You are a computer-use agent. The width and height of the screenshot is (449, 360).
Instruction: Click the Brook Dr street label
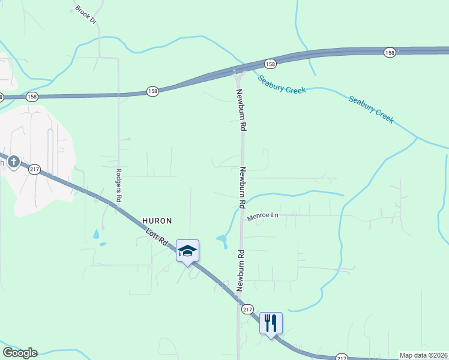coord(86,16)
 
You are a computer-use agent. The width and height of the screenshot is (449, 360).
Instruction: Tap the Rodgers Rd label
coord(119,184)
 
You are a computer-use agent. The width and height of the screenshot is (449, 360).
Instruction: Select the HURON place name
coord(157,221)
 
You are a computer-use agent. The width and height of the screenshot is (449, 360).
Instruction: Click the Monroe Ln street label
coord(263,215)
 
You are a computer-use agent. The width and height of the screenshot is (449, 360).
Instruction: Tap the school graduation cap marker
coord(187,251)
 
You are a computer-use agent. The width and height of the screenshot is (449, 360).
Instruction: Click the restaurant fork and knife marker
coord(271,323)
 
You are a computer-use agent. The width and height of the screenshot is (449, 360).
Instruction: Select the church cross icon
coord(13,162)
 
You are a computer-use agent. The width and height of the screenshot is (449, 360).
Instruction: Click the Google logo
coord(20,353)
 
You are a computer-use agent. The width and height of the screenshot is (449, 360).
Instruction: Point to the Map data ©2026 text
coord(424,355)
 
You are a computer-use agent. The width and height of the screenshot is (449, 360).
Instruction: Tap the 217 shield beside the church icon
coord(34,170)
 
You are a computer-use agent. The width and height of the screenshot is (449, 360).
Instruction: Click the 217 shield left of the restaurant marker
coord(247,310)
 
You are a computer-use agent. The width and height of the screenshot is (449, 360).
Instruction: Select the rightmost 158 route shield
coord(390,53)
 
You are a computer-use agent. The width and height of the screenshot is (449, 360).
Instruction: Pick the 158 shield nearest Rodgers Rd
coord(152,91)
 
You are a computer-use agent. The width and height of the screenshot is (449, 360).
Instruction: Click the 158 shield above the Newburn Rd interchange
coord(270,64)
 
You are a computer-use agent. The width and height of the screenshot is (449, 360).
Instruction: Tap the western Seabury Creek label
coord(282,84)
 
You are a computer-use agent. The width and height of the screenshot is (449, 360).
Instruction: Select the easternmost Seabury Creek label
coord(371,109)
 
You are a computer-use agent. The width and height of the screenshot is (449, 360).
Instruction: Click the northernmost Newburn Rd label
coord(242,110)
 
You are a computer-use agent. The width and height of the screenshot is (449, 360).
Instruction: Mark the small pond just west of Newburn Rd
coord(222,241)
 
